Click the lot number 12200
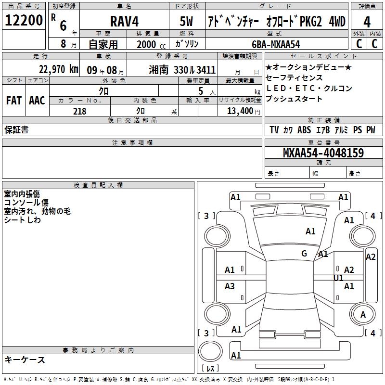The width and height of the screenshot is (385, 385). coord(24,20)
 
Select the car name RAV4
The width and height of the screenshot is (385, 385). coord(124,21)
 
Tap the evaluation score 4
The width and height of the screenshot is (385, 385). coord(367,21)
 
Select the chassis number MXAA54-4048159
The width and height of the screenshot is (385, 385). coord(323,153)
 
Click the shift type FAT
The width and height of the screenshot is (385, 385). coord(13,100)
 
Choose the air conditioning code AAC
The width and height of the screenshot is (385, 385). coord(37,100)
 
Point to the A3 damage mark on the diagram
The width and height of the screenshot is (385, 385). coord(230,286)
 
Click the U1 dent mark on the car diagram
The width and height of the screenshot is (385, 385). coord(338,278)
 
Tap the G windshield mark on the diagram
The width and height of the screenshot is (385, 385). coord(304,254)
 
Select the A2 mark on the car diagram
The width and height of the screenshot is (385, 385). coord(349,270)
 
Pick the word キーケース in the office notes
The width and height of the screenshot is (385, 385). coord(25,359)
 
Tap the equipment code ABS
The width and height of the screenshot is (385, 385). coord(304,130)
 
